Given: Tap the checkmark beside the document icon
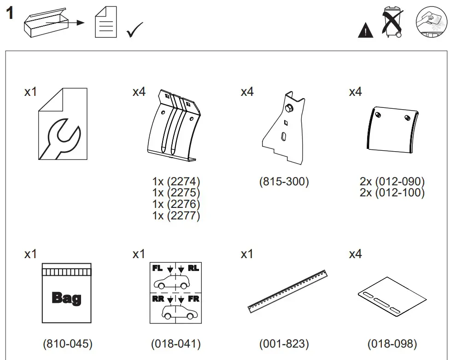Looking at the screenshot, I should click(x=135, y=30).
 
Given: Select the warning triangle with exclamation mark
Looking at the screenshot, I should click(x=366, y=30).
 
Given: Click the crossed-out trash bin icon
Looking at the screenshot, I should click(x=392, y=22).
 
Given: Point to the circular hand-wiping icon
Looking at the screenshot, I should click(x=430, y=22).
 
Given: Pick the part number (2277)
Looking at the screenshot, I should click(x=176, y=215).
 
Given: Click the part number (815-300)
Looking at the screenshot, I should click(x=284, y=182).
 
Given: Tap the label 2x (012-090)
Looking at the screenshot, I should click(x=392, y=182).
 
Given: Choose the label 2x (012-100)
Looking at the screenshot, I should click(x=392, y=193).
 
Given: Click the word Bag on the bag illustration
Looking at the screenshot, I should click(x=67, y=298).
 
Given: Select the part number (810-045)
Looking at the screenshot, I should click(x=68, y=343).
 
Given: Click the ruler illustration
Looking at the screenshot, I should click(x=287, y=291).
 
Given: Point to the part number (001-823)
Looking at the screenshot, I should click(x=284, y=343).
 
